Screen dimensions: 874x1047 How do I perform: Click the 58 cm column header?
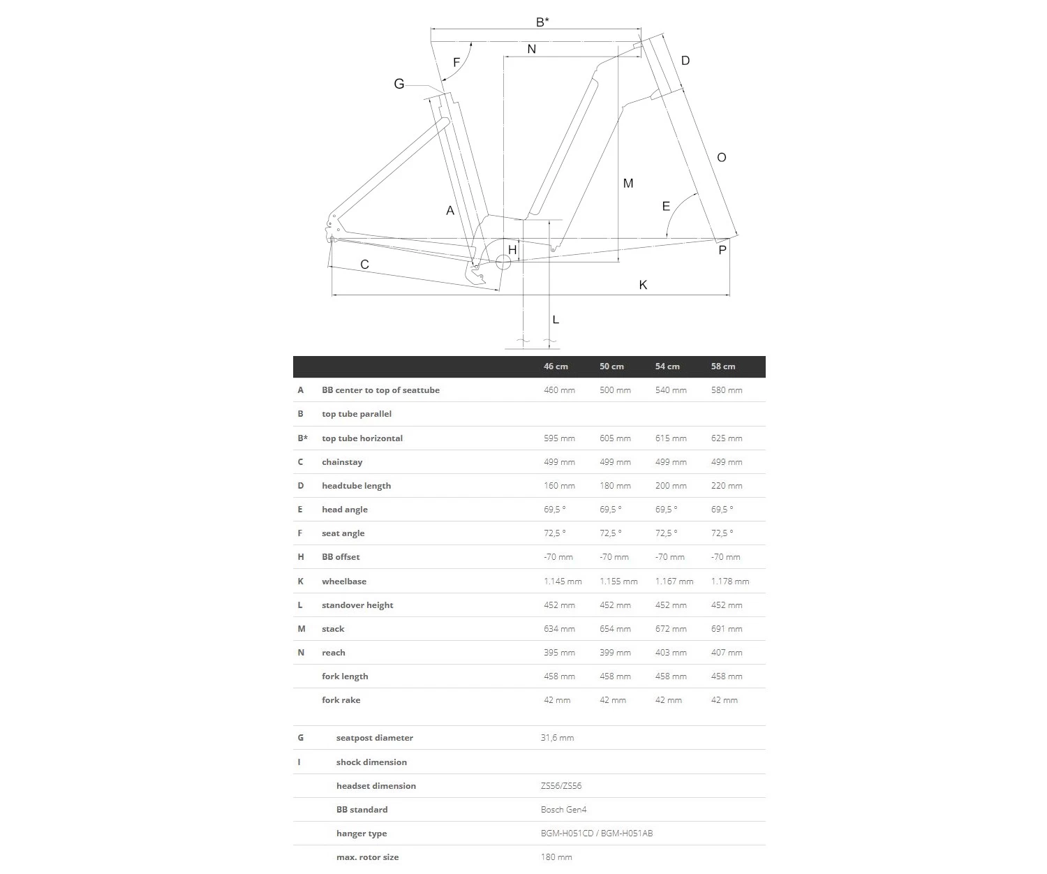coord(722,366)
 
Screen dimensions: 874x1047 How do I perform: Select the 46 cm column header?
coord(556,366)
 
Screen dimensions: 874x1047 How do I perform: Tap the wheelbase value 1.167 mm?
coord(674,581)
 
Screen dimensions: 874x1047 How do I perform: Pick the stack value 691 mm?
coord(726,629)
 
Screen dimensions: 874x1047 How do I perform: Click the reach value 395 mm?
coord(559,653)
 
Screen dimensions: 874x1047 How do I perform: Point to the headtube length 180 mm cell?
coord(615,486)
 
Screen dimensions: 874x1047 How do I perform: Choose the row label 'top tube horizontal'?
coord(362,438)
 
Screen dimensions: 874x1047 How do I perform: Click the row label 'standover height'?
coord(357,605)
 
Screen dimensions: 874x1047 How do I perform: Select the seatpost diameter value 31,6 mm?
coord(557,738)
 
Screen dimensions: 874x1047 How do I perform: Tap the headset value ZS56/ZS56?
coord(560,786)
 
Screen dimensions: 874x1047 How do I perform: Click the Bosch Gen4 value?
coord(563,810)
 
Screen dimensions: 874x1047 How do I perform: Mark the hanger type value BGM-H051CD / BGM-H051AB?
coord(596,834)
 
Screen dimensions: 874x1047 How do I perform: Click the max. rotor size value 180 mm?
coord(556,857)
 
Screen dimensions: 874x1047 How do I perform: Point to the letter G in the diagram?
coord(399,84)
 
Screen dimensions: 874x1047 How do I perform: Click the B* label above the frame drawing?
coord(542,22)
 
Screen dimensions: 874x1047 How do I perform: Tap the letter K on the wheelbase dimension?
coord(643,285)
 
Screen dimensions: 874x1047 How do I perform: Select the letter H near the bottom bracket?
coord(512,250)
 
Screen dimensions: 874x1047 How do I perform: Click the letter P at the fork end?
coord(722,250)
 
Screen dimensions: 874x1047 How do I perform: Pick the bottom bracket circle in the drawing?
coord(503,262)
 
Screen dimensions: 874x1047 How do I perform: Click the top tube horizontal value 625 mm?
coord(726,438)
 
